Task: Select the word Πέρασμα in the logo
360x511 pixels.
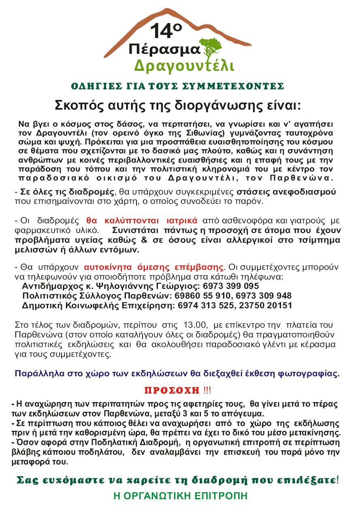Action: coord(164,50)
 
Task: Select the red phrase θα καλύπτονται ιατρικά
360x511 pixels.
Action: coord(142,221)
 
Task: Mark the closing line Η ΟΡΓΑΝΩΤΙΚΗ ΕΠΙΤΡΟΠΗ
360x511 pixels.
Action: coord(180,496)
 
